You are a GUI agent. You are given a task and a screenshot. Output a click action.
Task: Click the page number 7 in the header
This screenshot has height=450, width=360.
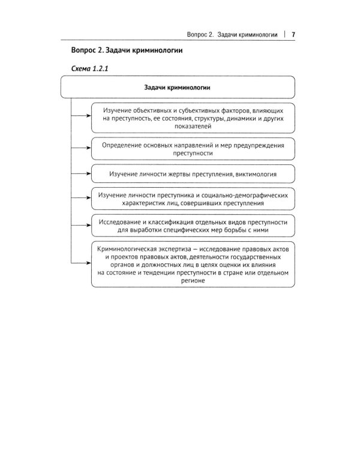pyautogui.click(x=293, y=34)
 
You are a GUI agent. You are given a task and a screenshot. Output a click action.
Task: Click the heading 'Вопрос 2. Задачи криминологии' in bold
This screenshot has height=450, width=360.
pyautogui.click(x=127, y=51)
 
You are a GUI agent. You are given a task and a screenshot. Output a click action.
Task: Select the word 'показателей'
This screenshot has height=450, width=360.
pyautogui.click(x=193, y=127)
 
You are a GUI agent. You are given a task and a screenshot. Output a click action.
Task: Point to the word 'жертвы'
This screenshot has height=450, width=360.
pyautogui.click(x=187, y=174)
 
